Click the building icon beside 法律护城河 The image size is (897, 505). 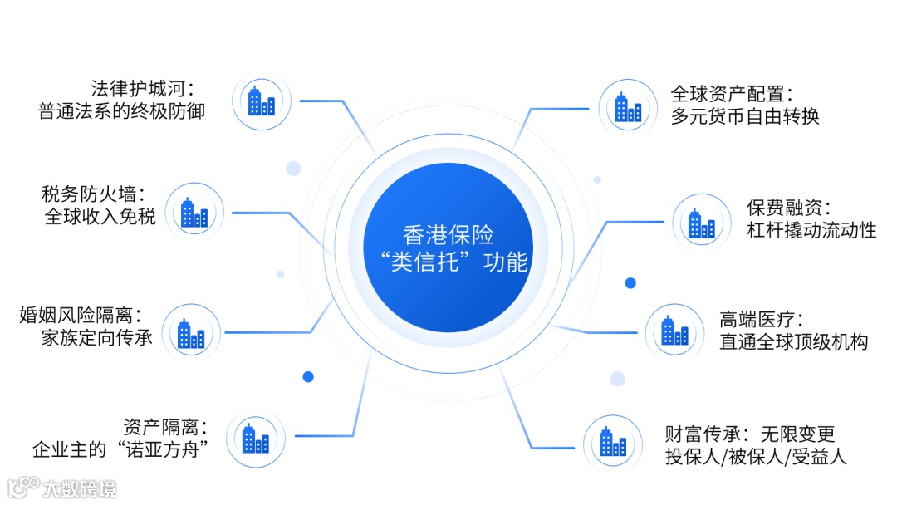click(262, 101)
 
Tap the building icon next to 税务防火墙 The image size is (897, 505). click(195, 213)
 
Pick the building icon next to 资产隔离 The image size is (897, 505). click(256, 439)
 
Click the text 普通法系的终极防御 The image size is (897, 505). click(121, 111)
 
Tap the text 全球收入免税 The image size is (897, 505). click(100, 218)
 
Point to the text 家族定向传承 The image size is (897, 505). click(97, 338)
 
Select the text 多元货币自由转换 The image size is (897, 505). click(745, 115)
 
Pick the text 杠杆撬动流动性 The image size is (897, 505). click(811, 230)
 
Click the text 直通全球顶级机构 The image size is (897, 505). click(793, 341)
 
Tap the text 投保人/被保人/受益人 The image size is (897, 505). click(756, 456)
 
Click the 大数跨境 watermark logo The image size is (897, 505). click(61, 487)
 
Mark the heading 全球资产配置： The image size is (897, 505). click(732, 92)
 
